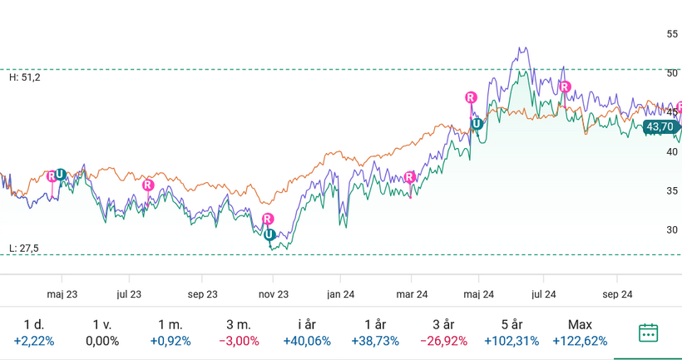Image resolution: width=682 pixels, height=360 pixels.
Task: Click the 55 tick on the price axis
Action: coord(672,34)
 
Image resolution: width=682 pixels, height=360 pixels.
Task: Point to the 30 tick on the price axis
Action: coord(672,230)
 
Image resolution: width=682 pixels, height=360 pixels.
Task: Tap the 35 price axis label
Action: coord(672,191)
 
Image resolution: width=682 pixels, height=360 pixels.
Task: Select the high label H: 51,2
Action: coord(24,77)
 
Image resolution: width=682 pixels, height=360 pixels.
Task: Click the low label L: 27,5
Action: coord(24,248)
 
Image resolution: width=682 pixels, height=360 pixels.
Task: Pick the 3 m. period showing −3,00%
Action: coord(239,333)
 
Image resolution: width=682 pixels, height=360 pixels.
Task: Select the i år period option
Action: coord(307,333)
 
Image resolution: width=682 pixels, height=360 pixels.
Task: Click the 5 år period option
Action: coord(511,333)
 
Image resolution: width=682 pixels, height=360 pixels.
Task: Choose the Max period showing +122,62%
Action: coord(579,333)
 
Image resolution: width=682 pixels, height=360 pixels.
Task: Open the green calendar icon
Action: coord(649,333)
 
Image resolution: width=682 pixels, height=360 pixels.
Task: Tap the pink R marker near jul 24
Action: coord(565,86)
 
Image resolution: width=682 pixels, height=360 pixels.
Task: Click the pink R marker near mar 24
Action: coord(410,176)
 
